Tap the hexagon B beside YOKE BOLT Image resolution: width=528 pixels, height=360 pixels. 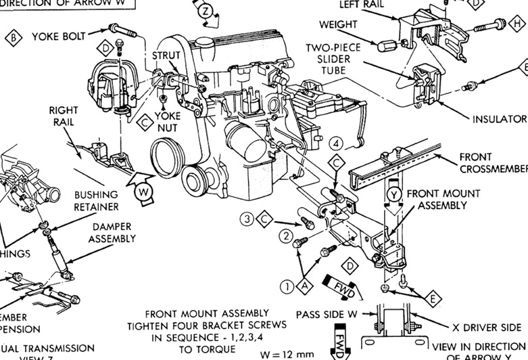click(13, 36)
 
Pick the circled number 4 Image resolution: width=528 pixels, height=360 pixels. click(337, 143)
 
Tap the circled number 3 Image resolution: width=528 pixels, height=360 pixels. click(247, 219)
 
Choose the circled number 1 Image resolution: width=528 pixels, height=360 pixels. click(289, 286)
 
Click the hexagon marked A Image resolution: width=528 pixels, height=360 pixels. click(306, 286)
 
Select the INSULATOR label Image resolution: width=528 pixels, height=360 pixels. click(499, 119)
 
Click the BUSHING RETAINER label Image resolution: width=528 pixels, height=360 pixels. click(97, 200)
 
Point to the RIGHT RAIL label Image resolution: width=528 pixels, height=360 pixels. click(64, 116)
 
